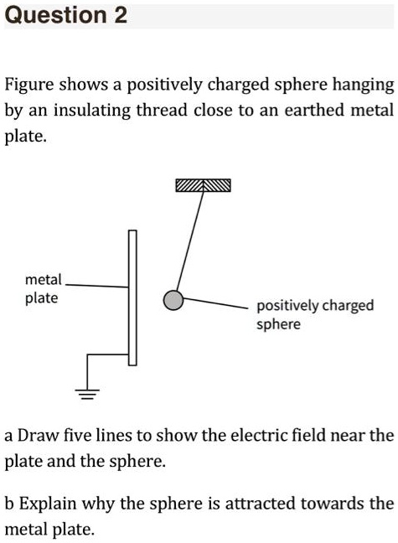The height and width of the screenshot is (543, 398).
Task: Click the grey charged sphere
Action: pos(173,299)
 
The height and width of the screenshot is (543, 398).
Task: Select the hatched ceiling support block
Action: pos(203,186)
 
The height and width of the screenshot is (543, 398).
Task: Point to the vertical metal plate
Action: pos(132,297)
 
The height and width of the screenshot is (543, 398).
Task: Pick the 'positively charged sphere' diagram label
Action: pos(314,314)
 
